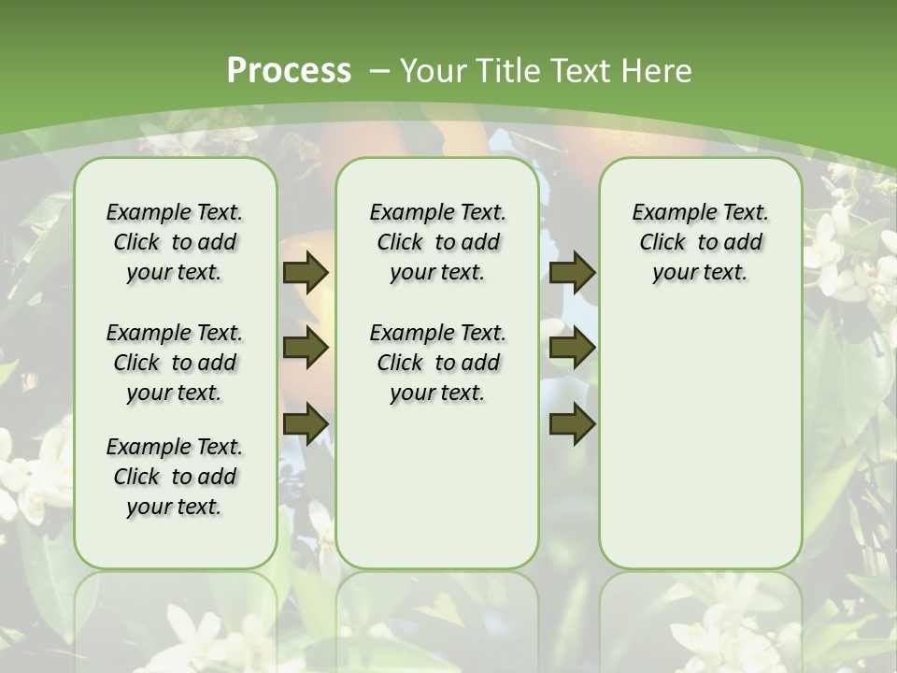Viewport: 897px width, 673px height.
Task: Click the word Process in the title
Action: pyautogui.click(x=289, y=70)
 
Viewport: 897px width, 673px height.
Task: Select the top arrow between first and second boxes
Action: pyautogui.click(x=306, y=273)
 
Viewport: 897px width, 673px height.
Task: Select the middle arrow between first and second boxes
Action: pyautogui.click(x=306, y=349)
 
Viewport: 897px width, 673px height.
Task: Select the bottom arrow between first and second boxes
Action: pyautogui.click(x=306, y=424)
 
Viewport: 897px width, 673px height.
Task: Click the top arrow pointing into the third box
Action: pyautogui.click(x=573, y=273)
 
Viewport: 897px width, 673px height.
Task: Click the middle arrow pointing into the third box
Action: pyautogui.click(x=573, y=349)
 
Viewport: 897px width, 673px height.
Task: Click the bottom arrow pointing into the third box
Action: pyautogui.click(x=573, y=424)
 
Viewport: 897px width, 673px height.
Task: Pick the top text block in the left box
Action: pyautogui.click(x=175, y=242)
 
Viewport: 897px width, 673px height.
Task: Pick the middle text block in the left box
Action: pyautogui.click(x=175, y=363)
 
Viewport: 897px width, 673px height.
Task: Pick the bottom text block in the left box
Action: pyautogui.click(x=175, y=477)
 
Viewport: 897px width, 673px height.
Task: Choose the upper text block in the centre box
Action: pyautogui.click(x=438, y=242)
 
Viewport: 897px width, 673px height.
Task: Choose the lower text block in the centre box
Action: pyautogui.click(x=438, y=363)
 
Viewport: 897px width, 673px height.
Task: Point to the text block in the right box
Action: pyautogui.click(x=701, y=242)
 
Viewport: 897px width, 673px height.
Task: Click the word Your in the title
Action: pyautogui.click(x=434, y=70)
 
